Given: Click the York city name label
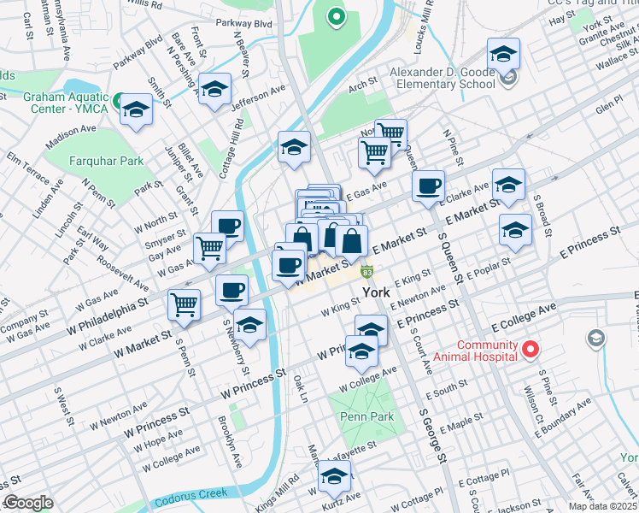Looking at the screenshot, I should tap(377, 292).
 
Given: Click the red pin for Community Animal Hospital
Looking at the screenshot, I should tap(530, 349).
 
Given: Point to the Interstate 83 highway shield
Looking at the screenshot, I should tap(366, 272).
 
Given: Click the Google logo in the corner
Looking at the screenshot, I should tap(28, 503).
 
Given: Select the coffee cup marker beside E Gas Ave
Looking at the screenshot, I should tap(428, 186).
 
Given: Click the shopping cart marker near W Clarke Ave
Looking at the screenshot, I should tap(185, 304).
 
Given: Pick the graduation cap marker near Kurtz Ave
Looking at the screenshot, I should tap(334, 475).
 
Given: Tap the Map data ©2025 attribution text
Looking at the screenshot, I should tap(602, 506).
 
